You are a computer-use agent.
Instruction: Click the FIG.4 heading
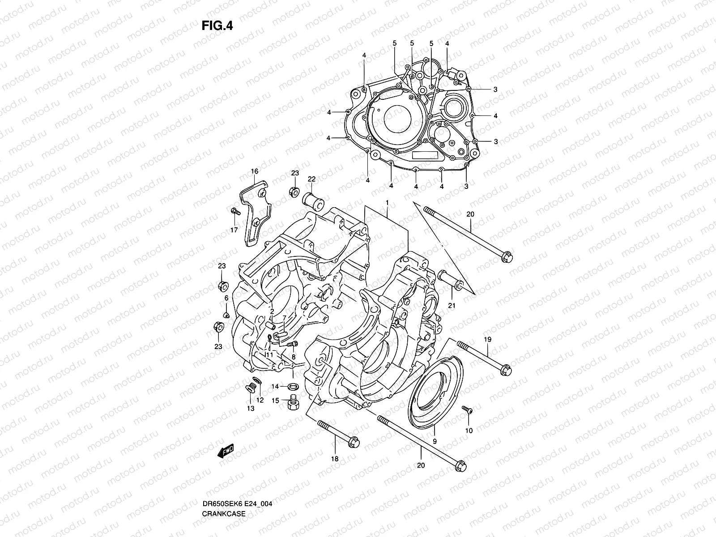[x=217, y=26]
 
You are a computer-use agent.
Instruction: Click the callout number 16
[x=254, y=171]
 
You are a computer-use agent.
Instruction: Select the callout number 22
[x=311, y=179]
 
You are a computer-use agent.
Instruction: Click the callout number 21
[x=452, y=305]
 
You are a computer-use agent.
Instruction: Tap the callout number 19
[x=487, y=340]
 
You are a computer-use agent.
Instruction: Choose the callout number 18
[x=335, y=459]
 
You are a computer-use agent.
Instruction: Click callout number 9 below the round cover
[x=435, y=441]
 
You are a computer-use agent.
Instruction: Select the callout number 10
[x=469, y=430]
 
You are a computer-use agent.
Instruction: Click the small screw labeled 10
[x=466, y=409]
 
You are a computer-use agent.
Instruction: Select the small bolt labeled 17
[x=234, y=211]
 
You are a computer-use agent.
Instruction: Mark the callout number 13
[x=250, y=408]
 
